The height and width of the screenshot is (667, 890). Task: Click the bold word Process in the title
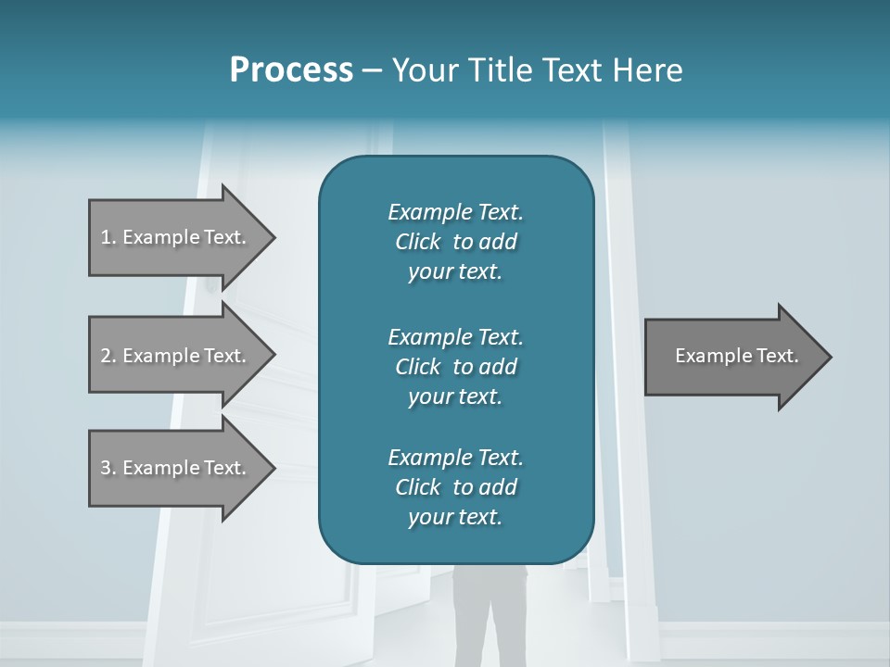click(291, 70)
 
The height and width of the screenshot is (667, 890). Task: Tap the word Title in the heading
click(500, 70)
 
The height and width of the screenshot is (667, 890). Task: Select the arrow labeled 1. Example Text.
click(173, 237)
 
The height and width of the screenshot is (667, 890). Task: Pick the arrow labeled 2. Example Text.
click(173, 356)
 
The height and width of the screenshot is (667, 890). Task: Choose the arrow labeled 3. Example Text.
click(173, 468)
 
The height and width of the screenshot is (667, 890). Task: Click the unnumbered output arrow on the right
click(736, 356)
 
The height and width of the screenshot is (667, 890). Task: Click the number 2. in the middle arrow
click(108, 356)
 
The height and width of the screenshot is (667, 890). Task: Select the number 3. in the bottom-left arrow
click(108, 468)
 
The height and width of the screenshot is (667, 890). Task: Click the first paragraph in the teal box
click(455, 242)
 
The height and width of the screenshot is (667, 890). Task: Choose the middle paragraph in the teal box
click(455, 366)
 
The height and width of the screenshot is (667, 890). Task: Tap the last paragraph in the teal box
click(455, 487)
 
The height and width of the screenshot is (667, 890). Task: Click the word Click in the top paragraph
click(418, 242)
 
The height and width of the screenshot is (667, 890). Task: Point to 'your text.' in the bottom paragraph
click(455, 517)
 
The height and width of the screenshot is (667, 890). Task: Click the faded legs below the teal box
click(490, 611)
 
